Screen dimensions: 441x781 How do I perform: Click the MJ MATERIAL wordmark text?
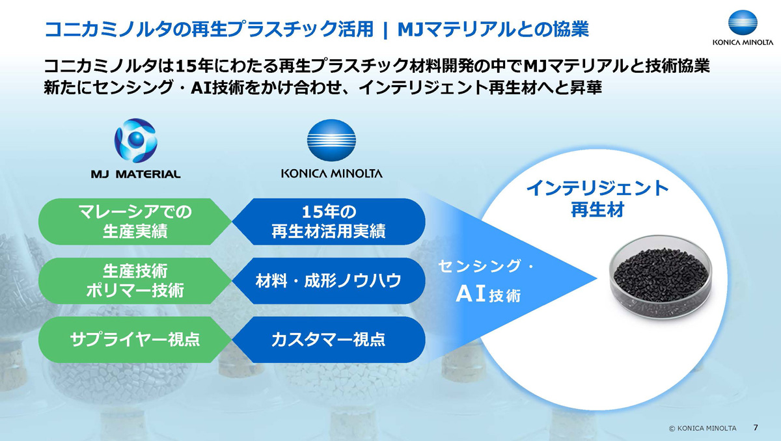(136, 174)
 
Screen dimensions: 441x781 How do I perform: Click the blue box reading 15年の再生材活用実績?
(328, 222)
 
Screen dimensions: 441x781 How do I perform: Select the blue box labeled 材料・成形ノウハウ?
(328, 281)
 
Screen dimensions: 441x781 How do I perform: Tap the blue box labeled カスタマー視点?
(328, 339)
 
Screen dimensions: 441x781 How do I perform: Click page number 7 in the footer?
(755, 428)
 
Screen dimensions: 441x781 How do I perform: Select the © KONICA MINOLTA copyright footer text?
(702, 429)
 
